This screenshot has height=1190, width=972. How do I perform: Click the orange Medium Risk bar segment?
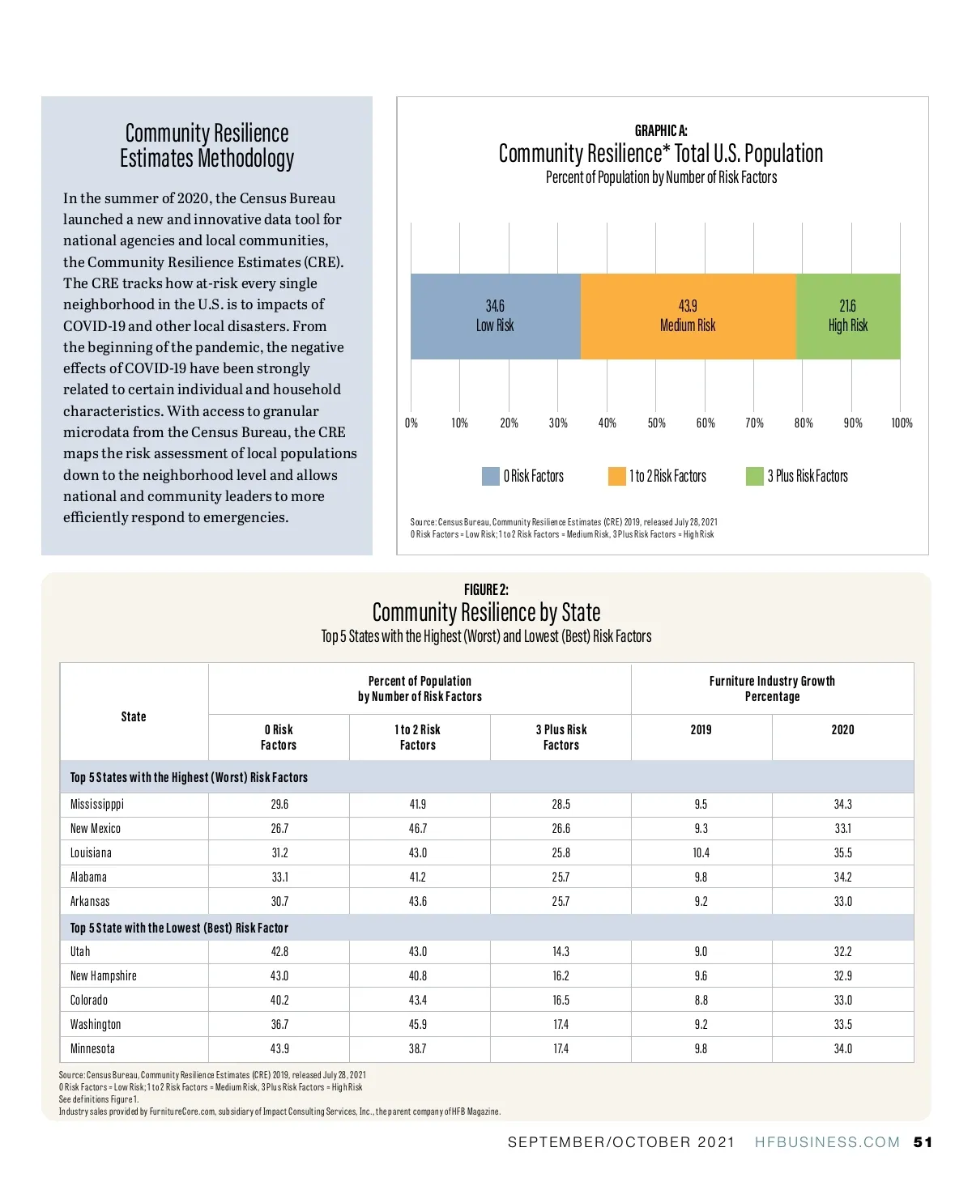(x=688, y=317)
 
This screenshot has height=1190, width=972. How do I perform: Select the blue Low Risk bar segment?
(x=495, y=317)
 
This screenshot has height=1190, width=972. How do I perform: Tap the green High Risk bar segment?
(x=848, y=317)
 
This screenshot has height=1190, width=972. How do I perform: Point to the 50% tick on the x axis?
(x=656, y=423)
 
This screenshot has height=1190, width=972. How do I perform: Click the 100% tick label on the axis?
(x=902, y=423)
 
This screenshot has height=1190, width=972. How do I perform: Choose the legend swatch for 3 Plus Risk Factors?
(x=754, y=476)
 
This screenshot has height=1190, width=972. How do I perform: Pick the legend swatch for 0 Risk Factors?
(x=490, y=476)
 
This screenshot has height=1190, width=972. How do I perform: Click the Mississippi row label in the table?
(x=97, y=804)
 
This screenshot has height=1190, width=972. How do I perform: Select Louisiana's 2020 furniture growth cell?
(x=842, y=852)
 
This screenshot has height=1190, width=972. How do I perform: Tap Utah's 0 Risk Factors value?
(x=279, y=951)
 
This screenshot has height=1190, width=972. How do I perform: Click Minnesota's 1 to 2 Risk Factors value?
(x=417, y=1048)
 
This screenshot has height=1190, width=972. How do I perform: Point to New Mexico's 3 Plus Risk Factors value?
(x=561, y=828)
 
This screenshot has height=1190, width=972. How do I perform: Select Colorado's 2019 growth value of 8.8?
(x=701, y=1000)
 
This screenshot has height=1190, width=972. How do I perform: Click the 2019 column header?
(x=701, y=729)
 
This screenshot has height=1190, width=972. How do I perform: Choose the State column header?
(x=134, y=716)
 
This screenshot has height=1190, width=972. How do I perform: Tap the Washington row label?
(x=96, y=1024)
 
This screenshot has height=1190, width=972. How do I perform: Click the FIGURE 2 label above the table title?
(x=486, y=589)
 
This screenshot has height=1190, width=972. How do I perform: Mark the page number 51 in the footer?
(x=923, y=1142)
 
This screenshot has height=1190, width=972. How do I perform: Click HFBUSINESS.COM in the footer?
(x=827, y=1142)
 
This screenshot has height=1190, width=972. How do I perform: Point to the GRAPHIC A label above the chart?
(x=661, y=130)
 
